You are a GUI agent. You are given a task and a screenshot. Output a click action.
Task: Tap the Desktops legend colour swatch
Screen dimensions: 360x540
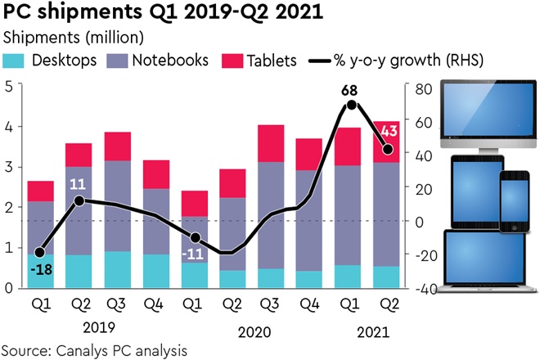click(x=16, y=61)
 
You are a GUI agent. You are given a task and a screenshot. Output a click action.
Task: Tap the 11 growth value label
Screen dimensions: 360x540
click(x=79, y=182)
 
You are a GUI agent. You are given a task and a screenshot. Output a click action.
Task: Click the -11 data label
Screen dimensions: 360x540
click(x=196, y=254)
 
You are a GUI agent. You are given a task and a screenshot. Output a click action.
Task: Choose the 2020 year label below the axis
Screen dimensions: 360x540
click(x=254, y=332)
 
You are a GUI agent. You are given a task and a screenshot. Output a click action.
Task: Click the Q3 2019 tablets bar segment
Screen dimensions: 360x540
click(x=118, y=146)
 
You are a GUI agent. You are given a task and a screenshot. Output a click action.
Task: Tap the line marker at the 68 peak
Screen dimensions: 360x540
click(x=352, y=105)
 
